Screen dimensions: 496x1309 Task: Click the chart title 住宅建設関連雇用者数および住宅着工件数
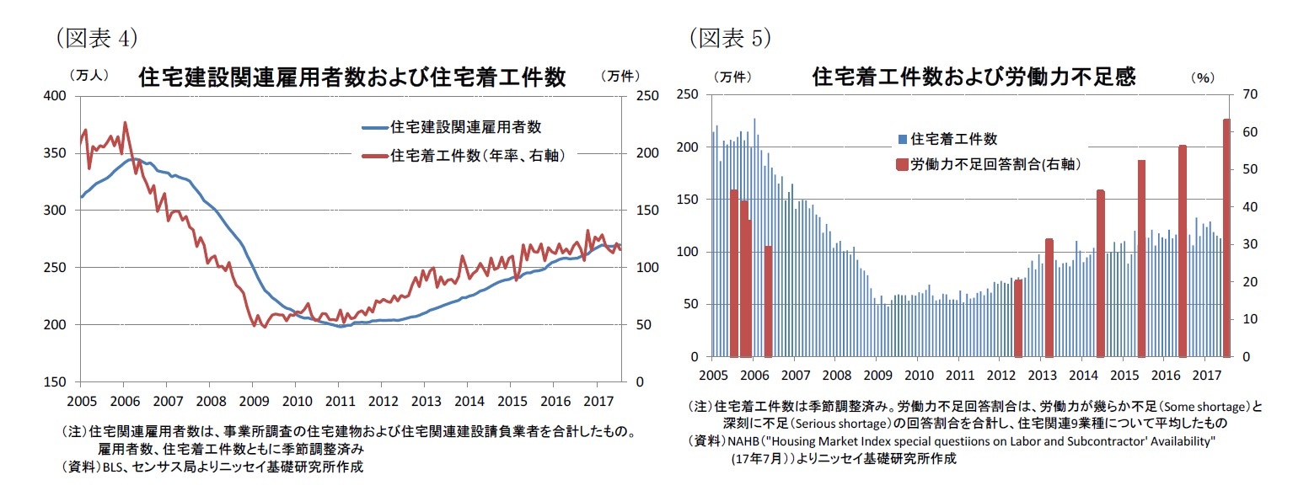352,77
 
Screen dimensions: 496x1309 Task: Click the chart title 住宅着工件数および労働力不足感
974,77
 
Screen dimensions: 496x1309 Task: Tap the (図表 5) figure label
730,38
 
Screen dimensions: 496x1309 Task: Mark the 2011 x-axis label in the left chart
340,398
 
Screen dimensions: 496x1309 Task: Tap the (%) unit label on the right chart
1202,77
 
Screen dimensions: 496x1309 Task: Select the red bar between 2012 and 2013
1018,317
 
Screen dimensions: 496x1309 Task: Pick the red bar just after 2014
1100,273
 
